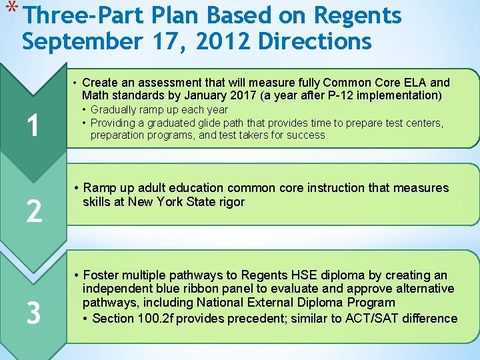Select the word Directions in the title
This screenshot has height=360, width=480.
click(315, 41)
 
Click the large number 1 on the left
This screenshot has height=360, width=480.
click(31, 124)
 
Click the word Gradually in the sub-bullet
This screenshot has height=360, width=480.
click(115, 109)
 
